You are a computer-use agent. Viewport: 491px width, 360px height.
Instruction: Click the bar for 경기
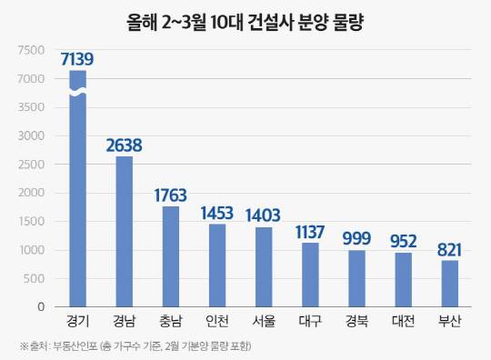point(78,200)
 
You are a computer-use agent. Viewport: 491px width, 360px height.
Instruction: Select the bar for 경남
point(125,232)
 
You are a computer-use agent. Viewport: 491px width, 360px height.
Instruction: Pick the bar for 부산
point(450,284)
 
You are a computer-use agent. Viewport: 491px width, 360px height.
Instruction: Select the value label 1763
point(170,195)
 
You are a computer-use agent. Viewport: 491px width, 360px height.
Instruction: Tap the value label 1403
point(264,215)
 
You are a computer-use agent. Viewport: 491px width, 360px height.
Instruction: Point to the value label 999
point(357,238)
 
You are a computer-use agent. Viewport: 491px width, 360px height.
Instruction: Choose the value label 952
point(404,241)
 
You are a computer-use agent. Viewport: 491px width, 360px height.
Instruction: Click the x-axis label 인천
point(217,321)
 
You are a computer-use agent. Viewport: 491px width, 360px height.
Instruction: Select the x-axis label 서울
point(264,321)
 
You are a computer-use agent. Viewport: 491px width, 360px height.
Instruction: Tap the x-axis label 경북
point(357,321)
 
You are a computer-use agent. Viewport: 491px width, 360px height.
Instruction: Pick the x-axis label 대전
point(404,321)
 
